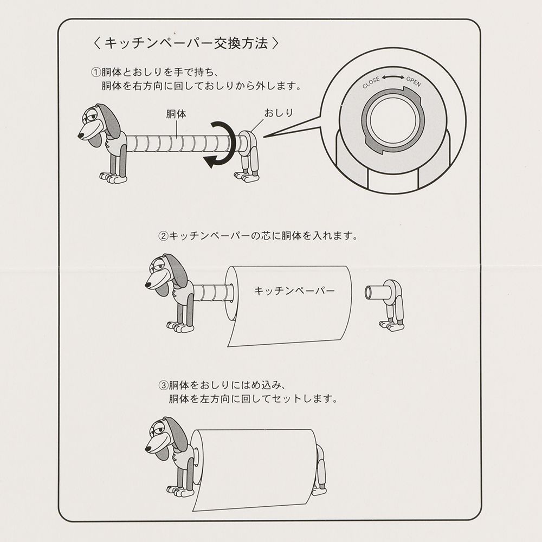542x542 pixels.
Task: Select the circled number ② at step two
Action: (x=163, y=236)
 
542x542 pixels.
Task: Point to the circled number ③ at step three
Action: (x=163, y=386)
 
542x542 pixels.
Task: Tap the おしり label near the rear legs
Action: (x=278, y=113)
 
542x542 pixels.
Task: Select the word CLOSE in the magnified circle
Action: (x=371, y=82)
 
